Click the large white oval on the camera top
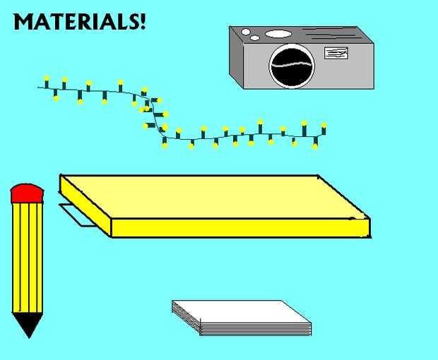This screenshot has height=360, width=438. (278, 34)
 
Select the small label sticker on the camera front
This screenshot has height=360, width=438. (336, 52)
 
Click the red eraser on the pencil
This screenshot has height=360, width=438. (28, 193)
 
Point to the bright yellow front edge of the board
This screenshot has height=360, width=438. (240, 228)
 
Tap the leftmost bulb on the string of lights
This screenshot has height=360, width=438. (47, 77)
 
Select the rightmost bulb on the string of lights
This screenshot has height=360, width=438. (324, 126)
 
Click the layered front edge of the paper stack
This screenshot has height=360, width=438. (254, 328)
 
